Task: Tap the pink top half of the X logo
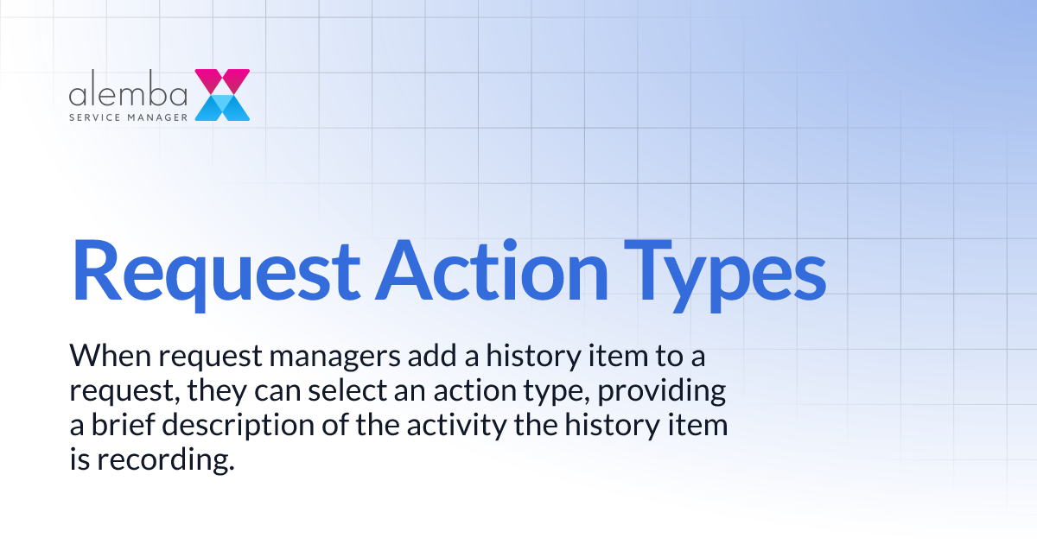pos(222,81)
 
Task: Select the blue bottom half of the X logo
pos(222,107)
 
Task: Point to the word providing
pos(658,392)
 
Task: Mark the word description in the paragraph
pos(234,427)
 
